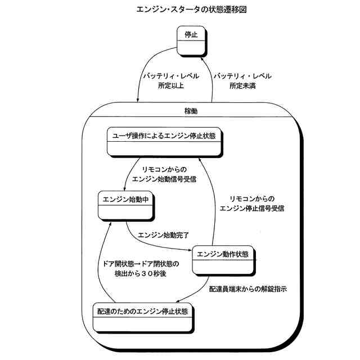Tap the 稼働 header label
(x=191, y=111)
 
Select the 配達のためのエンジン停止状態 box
(x=143, y=316)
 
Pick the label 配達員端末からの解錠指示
(x=248, y=290)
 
